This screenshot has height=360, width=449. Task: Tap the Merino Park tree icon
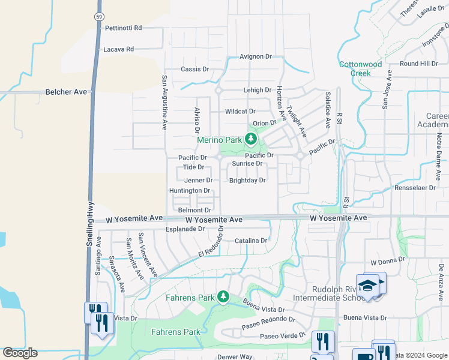[x=250, y=140]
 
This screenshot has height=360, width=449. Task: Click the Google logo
[x=20, y=353]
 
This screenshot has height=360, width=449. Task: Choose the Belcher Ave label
[x=66, y=92]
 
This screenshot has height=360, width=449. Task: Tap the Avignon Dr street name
[x=256, y=56]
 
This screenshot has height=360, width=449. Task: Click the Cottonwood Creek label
[x=360, y=68]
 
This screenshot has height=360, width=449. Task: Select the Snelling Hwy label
[x=90, y=223]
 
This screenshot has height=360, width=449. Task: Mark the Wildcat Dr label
[x=240, y=112]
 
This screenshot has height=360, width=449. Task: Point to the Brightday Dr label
[x=247, y=180]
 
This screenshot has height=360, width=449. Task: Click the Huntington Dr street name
[x=190, y=191]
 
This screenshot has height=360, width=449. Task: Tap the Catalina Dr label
[x=251, y=241]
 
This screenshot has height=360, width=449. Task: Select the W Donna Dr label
[x=388, y=262]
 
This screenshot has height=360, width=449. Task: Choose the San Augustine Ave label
[x=163, y=103]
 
